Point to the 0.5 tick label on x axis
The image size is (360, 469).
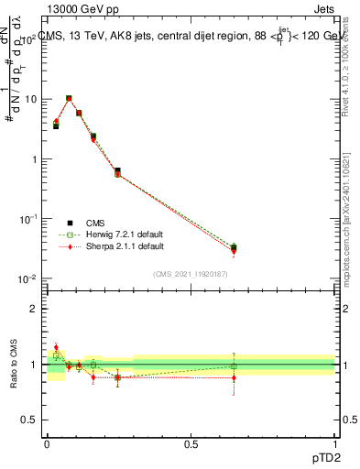tap(191, 443)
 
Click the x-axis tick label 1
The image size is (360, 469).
tap(335, 443)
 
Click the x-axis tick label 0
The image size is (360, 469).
tap(47, 443)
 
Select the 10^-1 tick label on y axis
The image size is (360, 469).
tap(28, 219)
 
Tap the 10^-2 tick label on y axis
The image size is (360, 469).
tap(28, 279)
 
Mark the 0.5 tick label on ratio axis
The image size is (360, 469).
tap(29, 420)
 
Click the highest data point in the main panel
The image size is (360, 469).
tap(69, 98)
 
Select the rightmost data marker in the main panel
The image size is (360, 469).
tap(234, 248)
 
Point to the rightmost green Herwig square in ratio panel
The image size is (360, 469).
tap(234, 366)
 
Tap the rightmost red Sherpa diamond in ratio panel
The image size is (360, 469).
tap(234, 377)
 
